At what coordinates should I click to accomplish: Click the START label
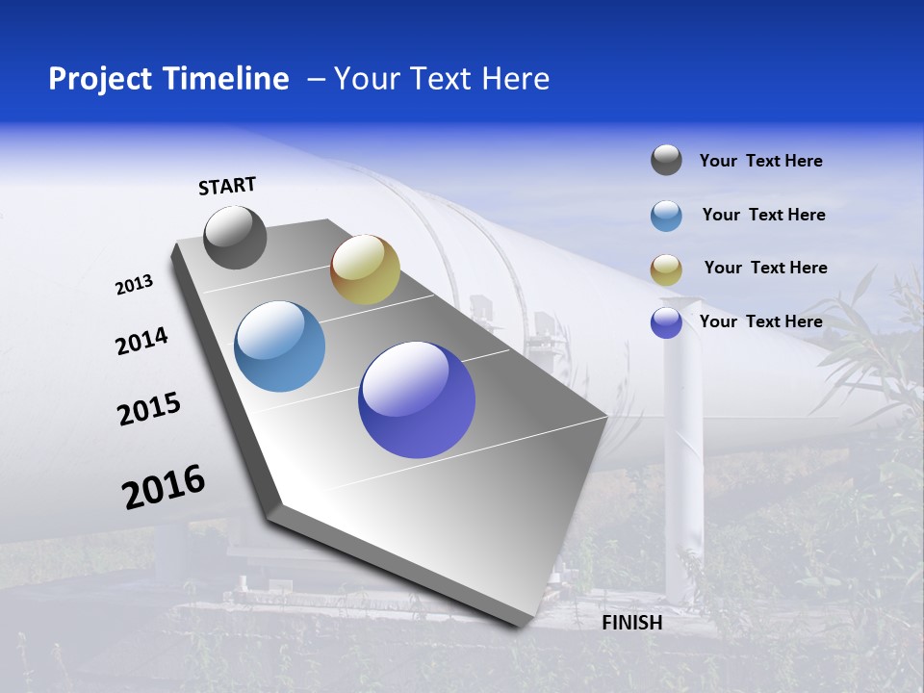[227, 186]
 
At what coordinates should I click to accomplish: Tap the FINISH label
[631, 623]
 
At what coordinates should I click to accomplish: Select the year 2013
[134, 285]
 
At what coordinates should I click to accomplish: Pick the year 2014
[141, 342]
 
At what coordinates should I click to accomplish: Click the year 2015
[148, 409]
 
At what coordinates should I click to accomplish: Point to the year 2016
[164, 487]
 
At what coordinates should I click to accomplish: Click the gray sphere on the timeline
[235, 237]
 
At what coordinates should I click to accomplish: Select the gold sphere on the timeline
[365, 269]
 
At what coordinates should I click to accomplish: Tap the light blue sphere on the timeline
[280, 346]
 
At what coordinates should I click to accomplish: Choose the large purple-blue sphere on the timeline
[417, 399]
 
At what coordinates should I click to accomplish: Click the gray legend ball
[666, 160]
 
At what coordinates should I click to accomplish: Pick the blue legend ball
[666, 216]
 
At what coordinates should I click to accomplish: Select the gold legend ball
[666, 269]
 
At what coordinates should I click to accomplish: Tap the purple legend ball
[666, 322]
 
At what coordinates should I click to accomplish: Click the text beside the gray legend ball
[760, 161]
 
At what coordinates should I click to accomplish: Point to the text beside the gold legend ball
[765, 268]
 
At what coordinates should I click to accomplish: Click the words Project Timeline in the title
[168, 79]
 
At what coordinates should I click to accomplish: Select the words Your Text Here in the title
[441, 79]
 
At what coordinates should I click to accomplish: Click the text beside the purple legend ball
[760, 321]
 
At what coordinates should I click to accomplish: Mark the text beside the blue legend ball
[763, 215]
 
